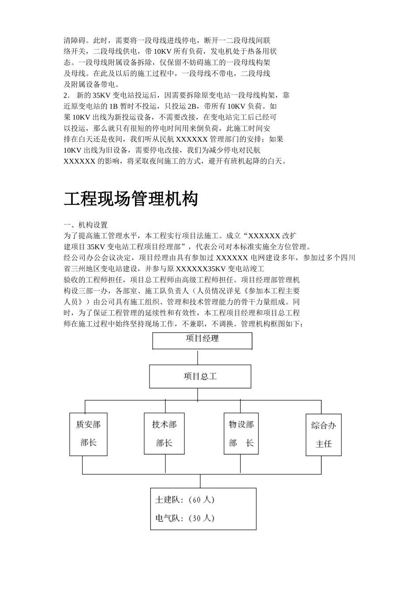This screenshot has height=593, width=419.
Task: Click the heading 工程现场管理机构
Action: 131,199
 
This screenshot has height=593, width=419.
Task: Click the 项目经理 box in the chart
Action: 202,341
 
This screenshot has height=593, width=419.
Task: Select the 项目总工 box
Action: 200,376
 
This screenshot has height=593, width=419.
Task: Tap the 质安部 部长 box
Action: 89,434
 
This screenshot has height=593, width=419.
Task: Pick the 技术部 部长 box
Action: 164,434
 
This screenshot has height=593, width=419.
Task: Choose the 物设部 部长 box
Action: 241,434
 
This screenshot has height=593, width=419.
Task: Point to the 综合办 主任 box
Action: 323,435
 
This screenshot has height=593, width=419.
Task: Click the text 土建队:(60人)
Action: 185,499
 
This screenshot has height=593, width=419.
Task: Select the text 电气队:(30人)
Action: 185,518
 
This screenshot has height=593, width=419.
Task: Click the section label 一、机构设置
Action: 86,225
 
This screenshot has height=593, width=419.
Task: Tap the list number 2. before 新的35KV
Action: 67,95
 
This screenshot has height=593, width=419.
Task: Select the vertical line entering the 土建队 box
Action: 200,481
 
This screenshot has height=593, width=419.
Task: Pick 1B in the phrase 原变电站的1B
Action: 113,106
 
